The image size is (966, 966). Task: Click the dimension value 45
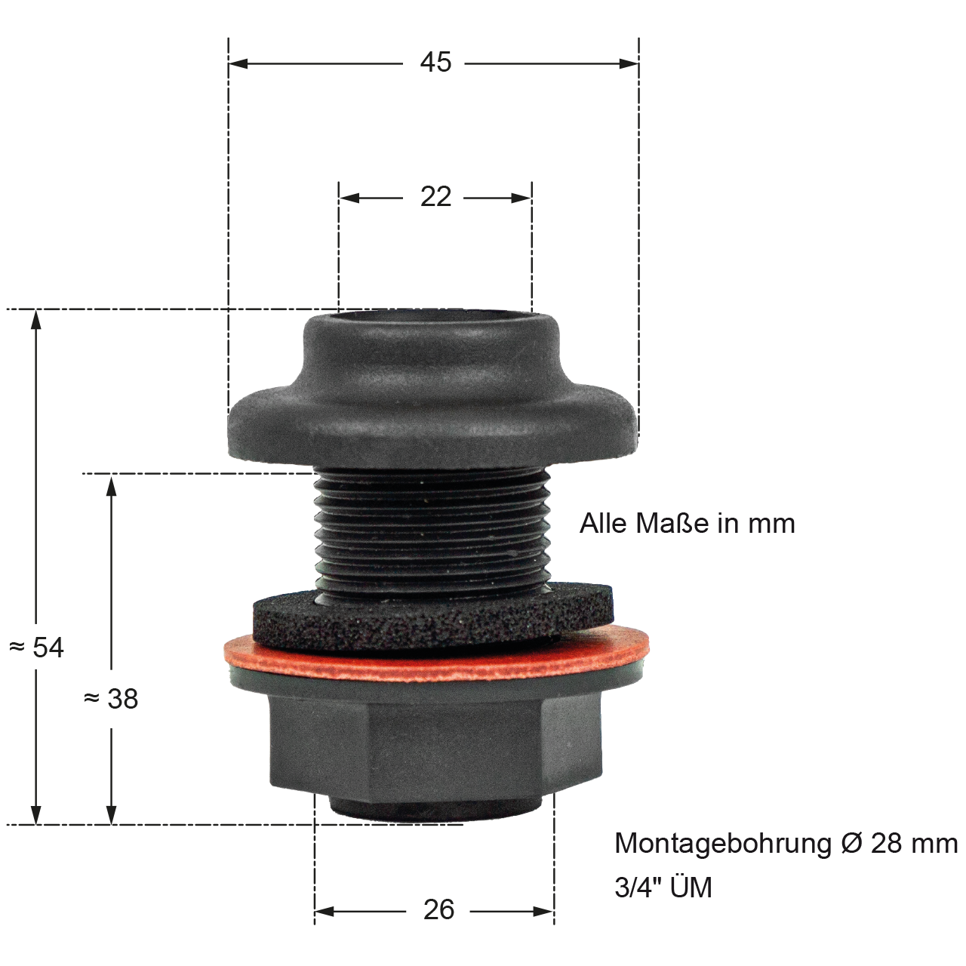435,63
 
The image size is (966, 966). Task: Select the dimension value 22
435,197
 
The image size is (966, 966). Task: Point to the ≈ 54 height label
36,648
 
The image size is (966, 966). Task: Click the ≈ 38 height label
111,699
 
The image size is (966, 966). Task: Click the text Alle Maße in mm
688,524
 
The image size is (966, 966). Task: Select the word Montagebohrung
723,844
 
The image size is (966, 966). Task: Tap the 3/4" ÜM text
663,888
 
